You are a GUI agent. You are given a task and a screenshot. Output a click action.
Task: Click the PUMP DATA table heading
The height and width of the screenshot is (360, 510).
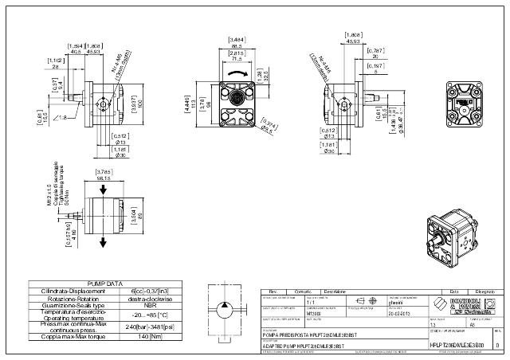[104, 283]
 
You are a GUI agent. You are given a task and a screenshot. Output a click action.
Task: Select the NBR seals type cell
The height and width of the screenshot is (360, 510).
[143, 304]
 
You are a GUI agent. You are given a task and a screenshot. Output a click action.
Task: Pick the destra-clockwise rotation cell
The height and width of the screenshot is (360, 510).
[143, 297]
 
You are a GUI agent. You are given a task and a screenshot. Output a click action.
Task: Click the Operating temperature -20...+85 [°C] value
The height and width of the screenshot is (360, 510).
[143, 314]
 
